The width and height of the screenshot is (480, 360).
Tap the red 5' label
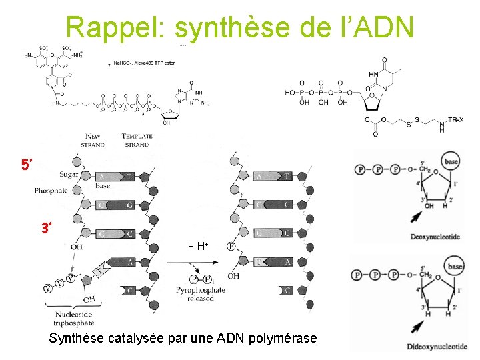(x=27, y=165)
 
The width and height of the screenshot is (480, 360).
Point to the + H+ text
(x=198, y=247)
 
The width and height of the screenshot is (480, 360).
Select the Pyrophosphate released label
(x=201, y=294)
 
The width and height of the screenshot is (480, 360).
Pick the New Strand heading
(x=93, y=140)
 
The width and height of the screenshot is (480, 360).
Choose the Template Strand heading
(x=137, y=140)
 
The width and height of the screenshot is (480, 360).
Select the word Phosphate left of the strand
(x=51, y=191)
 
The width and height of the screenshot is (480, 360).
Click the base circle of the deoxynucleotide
(x=453, y=162)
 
